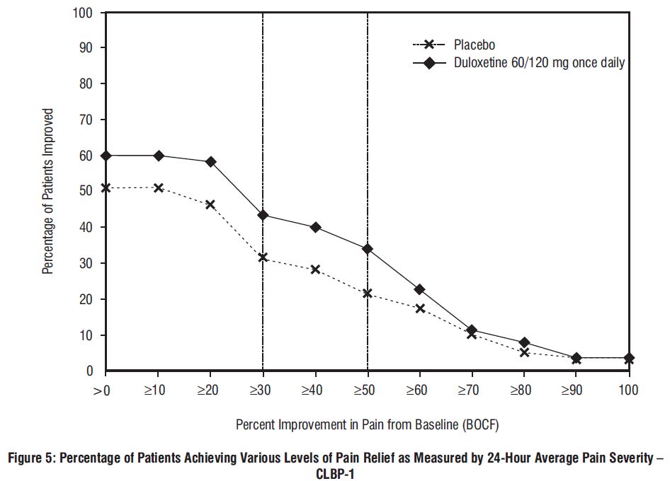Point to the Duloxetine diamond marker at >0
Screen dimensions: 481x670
click(x=106, y=156)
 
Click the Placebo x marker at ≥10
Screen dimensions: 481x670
click(x=158, y=188)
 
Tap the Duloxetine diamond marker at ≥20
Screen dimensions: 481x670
click(x=210, y=162)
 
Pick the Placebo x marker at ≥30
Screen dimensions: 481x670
click(x=263, y=257)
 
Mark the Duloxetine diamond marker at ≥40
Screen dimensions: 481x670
click(x=315, y=227)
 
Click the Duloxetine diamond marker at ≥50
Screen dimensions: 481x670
click(x=368, y=249)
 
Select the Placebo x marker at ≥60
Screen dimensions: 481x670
click(x=420, y=308)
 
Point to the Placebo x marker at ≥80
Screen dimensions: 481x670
click(x=524, y=352)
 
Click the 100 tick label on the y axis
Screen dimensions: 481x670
click(x=84, y=12)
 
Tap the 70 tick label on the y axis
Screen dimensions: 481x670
click(x=86, y=120)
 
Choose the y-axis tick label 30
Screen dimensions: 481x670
click(x=86, y=263)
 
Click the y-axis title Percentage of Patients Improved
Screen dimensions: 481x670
click(x=48, y=191)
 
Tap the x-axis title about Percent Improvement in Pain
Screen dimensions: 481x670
click(x=368, y=426)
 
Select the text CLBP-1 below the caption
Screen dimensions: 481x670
click(x=334, y=473)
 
